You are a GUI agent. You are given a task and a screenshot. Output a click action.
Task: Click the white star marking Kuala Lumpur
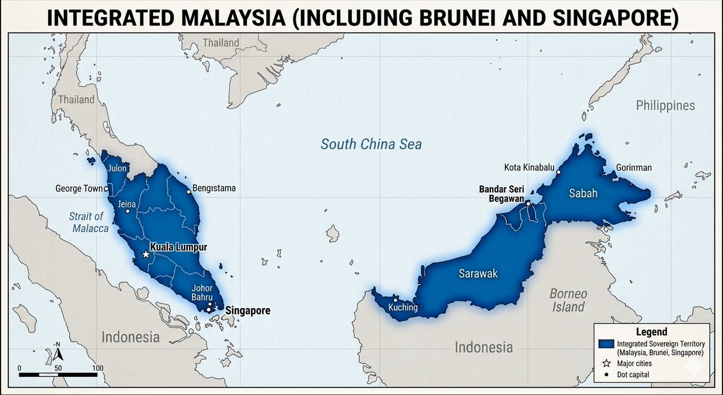click(145, 254)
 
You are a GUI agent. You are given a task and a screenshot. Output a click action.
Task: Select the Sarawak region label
click(478, 274)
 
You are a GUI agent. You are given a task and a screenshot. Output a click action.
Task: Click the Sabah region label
click(583, 193)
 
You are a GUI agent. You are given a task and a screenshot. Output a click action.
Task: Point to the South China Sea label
click(371, 144)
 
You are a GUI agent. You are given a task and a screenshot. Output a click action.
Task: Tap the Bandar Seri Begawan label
click(501, 192)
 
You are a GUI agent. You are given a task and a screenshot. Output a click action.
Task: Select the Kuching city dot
click(395, 300)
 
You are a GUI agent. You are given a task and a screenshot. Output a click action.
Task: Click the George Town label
click(79, 189)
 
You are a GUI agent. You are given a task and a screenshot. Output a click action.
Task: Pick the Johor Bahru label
click(202, 293)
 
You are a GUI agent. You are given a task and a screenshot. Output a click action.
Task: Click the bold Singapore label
click(248, 311)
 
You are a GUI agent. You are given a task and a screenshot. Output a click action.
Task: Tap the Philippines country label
click(665, 106)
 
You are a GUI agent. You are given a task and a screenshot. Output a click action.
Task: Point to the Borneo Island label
click(568, 300)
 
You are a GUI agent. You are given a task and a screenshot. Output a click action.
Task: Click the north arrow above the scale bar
click(58, 352)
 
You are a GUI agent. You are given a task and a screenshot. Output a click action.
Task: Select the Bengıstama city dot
click(189, 192)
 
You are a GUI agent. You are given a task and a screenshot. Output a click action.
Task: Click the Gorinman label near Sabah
click(634, 168)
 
